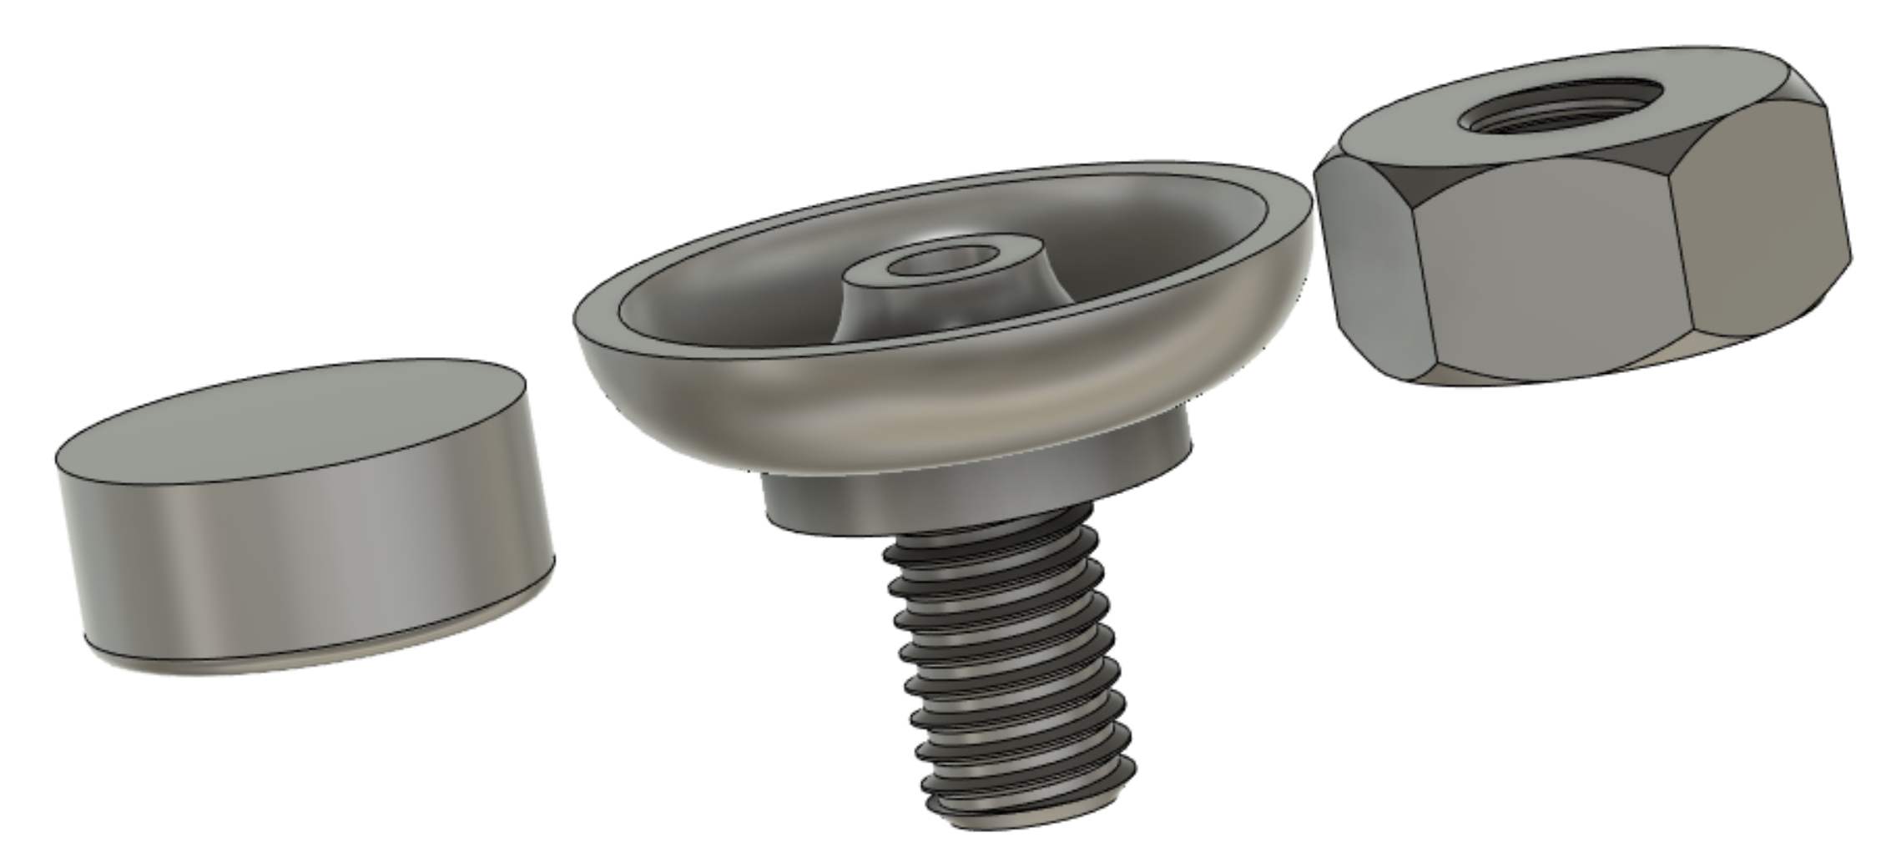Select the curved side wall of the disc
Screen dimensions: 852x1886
click(317, 567)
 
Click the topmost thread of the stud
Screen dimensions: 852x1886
click(993, 534)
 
